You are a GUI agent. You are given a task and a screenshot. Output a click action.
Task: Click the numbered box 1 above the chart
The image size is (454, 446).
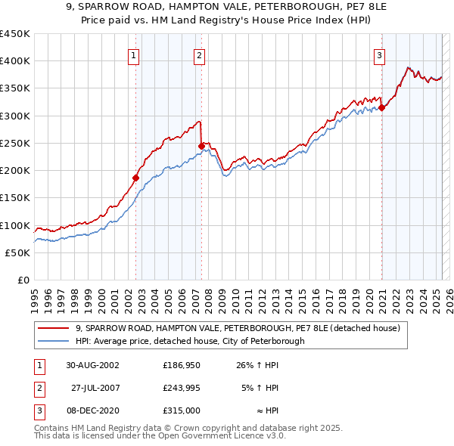point(133,54)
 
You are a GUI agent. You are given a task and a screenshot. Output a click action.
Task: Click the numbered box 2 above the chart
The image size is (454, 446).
point(198,54)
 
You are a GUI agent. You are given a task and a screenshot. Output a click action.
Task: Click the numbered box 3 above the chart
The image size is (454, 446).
point(378,54)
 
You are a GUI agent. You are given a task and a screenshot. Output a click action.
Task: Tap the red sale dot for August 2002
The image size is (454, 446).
point(136,178)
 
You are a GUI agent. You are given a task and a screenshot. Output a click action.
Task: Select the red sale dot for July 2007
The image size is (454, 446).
point(202,146)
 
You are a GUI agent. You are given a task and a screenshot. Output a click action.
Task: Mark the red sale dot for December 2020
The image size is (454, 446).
point(382,107)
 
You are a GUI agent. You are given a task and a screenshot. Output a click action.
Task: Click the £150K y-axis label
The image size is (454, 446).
point(15,198)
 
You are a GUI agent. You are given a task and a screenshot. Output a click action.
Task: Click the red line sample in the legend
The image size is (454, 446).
point(54,328)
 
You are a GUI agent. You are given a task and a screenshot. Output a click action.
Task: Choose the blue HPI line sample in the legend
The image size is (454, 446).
point(54,341)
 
